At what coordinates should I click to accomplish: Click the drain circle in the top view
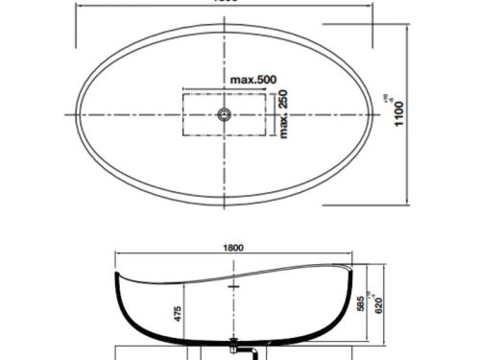224,115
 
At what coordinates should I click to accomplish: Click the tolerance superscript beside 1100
411,97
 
